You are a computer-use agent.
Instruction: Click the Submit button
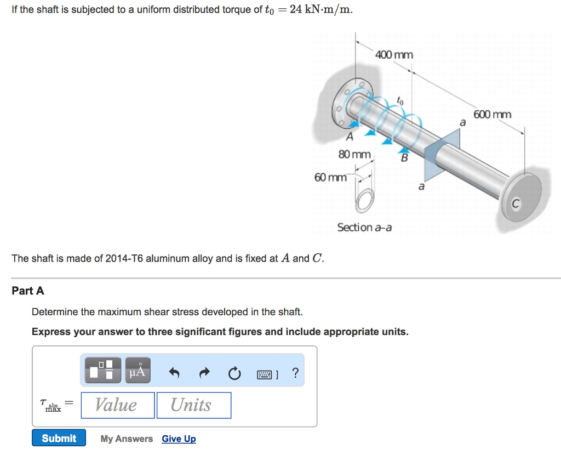pyautogui.click(x=59, y=438)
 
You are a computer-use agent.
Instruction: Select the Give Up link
pyautogui.click(x=179, y=439)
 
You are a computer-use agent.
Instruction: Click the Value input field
pyautogui.click(x=117, y=405)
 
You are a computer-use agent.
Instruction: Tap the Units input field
pyautogui.click(x=193, y=405)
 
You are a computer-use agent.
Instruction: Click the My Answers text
pyautogui.click(x=127, y=439)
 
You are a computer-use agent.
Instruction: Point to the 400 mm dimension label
pyautogui.click(x=394, y=54)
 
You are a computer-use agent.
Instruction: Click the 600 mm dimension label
pyautogui.click(x=492, y=114)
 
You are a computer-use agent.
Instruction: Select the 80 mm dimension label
pyautogui.click(x=354, y=155)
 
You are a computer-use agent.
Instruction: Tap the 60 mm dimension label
pyautogui.click(x=330, y=177)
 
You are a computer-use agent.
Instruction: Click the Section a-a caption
pyautogui.click(x=364, y=227)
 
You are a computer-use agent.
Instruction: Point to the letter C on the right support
pyautogui.click(x=515, y=205)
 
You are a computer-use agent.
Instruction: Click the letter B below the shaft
pyautogui.click(x=404, y=158)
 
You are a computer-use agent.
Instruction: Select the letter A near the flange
pyautogui.click(x=349, y=136)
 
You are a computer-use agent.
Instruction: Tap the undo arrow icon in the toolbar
pyautogui.click(x=174, y=373)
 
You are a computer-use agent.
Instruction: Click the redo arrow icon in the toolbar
pyautogui.click(x=204, y=373)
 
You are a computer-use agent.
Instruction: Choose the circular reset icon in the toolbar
pyautogui.click(x=234, y=373)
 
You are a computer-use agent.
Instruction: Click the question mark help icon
pyautogui.click(x=295, y=373)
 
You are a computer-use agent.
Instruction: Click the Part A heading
pyautogui.click(x=28, y=291)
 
